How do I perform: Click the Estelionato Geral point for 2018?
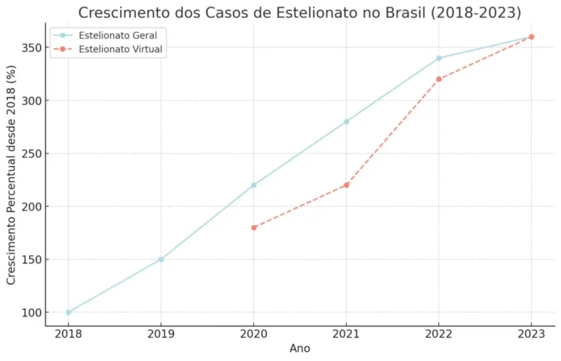coord(69,312)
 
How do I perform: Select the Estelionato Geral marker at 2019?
coord(161,259)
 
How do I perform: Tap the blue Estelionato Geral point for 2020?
coord(253,185)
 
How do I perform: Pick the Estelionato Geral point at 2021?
coord(346,121)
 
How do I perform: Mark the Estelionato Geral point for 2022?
coord(438,58)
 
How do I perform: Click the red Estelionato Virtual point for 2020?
coord(253,227)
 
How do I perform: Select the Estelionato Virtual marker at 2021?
coord(346,185)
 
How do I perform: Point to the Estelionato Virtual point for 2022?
coord(438,79)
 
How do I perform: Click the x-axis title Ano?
coord(299,349)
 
